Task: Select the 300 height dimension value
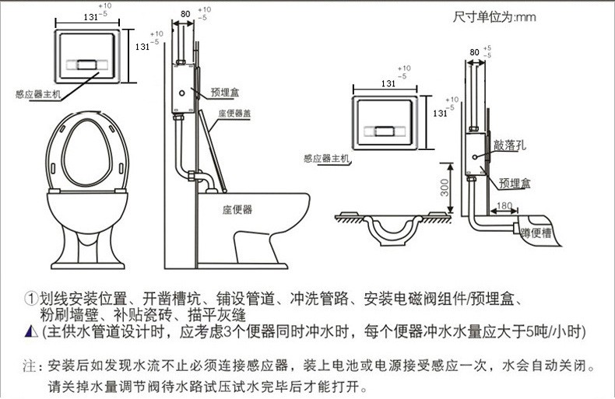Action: [x=444, y=187]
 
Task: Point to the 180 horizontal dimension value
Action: [x=504, y=205]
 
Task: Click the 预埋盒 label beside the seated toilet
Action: [x=224, y=92]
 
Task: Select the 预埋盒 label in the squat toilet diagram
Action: [x=515, y=183]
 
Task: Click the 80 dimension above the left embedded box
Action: [x=184, y=13]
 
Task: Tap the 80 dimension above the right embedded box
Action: [x=474, y=51]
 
